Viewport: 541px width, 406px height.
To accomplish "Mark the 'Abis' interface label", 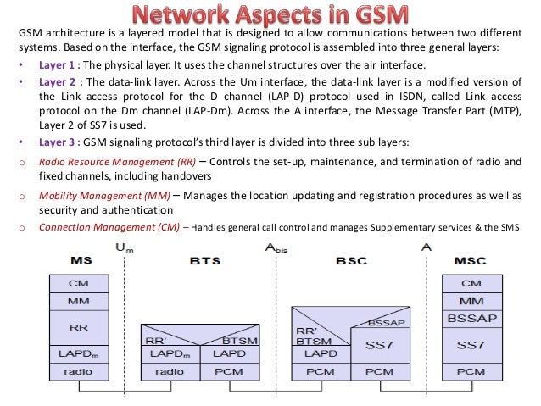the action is [x=276, y=248].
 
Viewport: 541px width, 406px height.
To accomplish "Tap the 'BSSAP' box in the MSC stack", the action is [x=471, y=318].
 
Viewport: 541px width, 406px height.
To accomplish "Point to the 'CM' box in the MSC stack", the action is [x=471, y=283].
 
